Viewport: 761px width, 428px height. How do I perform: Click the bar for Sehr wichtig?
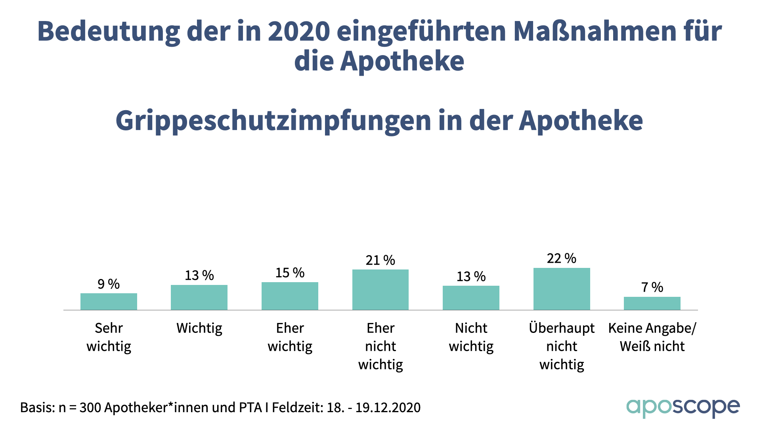109,302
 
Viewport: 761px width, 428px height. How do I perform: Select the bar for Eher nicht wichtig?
380,290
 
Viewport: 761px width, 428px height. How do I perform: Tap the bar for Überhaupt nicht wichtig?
562,289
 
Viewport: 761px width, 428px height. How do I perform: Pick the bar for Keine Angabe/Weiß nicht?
652,303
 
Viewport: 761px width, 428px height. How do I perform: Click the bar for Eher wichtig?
290,296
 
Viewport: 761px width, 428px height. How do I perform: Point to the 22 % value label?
562,258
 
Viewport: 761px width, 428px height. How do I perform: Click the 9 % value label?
109,284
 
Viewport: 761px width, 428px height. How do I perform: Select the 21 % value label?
380,260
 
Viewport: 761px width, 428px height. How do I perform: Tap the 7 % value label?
652,287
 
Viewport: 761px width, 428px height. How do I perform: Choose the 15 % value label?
290,273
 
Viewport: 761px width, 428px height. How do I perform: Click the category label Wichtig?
199,329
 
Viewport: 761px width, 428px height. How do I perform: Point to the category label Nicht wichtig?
471,337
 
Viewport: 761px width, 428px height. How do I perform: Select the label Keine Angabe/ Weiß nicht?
652,337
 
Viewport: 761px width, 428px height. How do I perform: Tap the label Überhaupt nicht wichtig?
562,346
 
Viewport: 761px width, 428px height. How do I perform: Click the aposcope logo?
683,407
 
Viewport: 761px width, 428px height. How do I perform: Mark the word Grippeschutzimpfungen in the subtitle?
273,121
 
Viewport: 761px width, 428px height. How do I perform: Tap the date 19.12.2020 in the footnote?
388,407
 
